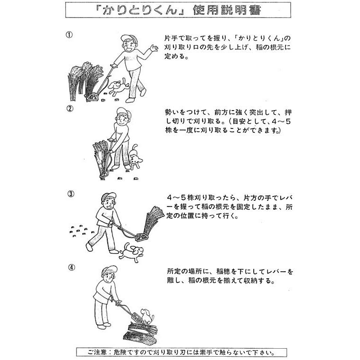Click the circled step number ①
point(69,35)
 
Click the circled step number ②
point(70,108)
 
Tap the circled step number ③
point(71,194)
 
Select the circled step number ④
point(72,267)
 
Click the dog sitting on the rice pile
point(147,317)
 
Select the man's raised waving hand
point(154,48)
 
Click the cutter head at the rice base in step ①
point(93,97)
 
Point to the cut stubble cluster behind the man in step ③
point(81,230)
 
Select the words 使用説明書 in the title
point(227,10)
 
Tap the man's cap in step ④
point(110,270)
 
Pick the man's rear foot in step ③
point(90,247)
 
